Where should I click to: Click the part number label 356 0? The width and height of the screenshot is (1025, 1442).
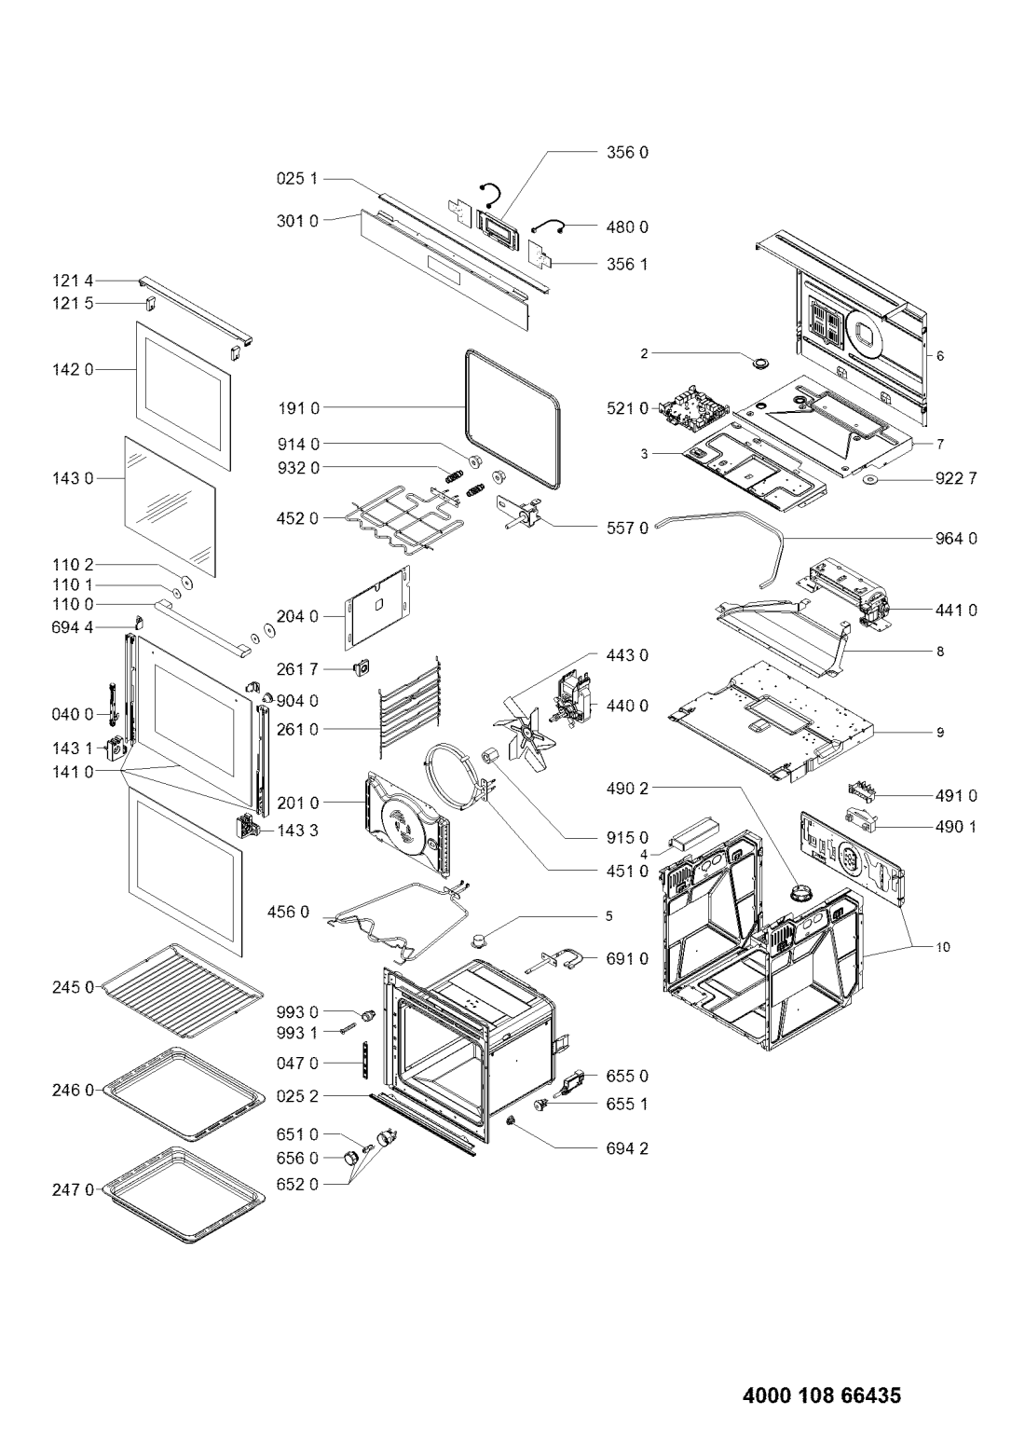click(627, 153)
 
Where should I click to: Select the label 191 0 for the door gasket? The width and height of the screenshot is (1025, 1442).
click(298, 408)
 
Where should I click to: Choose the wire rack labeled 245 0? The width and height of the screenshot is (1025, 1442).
click(182, 991)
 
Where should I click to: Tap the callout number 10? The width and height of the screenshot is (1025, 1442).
click(942, 947)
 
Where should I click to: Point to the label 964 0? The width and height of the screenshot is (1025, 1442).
click(955, 538)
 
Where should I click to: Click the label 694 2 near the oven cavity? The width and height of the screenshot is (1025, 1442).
click(627, 1148)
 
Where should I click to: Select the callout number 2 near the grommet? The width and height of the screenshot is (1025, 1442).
click(644, 353)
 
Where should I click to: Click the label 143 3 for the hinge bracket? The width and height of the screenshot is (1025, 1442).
click(298, 831)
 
